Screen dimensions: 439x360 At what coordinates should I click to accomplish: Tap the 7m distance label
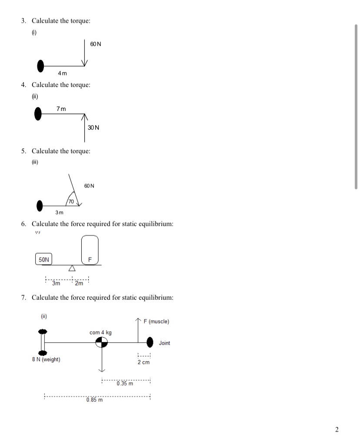(x=61, y=108)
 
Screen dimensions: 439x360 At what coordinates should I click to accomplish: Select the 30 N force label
(x=93, y=127)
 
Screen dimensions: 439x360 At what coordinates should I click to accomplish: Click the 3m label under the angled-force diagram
(x=59, y=212)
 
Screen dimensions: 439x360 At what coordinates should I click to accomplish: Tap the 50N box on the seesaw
(x=43, y=259)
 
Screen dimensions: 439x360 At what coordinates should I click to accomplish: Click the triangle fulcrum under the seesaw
(x=73, y=268)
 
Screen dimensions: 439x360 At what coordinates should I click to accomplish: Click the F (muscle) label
(x=159, y=322)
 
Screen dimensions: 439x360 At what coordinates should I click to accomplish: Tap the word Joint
(x=164, y=343)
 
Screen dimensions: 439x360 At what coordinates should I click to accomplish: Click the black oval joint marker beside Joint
(x=150, y=342)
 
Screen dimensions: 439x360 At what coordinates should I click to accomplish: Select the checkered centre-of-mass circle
(x=102, y=343)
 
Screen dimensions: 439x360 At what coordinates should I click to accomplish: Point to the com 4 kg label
(x=100, y=332)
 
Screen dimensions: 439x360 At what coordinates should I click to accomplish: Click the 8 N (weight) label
(x=47, y=360)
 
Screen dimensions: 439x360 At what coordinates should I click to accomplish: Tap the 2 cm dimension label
(x=143, y=362)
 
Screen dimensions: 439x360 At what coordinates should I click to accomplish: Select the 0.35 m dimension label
(x=125, y=383)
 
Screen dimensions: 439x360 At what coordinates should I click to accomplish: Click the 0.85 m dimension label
(x=94, y=400)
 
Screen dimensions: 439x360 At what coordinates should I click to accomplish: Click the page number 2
(x=337, y=430)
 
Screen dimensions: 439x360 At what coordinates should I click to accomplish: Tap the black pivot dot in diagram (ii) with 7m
(x=38, y=114)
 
